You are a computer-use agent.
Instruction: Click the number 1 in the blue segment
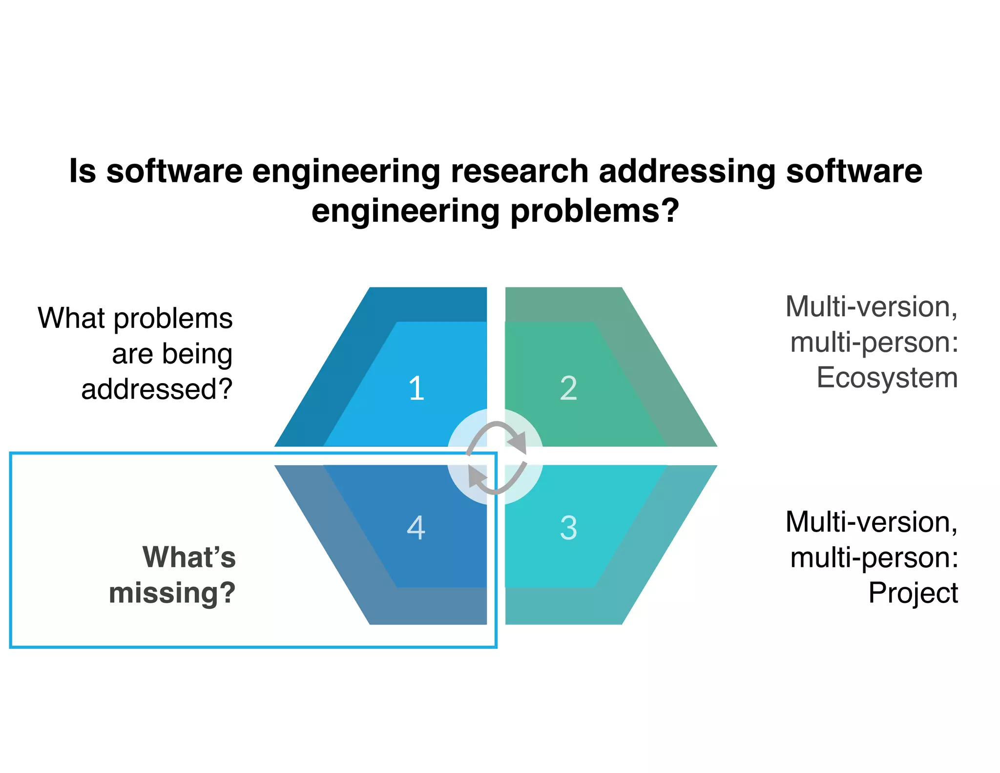click(x=417, y=389)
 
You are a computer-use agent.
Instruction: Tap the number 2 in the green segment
click(x=568, y=389)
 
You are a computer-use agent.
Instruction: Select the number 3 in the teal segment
click(x=568, y=528)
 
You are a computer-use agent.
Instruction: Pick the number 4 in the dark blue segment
click(x=416, y=528)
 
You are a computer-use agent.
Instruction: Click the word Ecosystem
click(x=887, y=378)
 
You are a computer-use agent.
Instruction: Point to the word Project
click(x=913, y=593)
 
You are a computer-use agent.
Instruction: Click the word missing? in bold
click(x=172, y=593)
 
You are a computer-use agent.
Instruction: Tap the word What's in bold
click(x=189, y=557)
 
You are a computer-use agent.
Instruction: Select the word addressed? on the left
click(x=157, y=389)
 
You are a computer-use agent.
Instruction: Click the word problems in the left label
click(x=173, y=319)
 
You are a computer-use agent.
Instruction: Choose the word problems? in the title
click(x=595, y=211)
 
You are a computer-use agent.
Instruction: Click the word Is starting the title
click(x=82, y=172)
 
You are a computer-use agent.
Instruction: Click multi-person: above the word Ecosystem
click(x=874, y=342)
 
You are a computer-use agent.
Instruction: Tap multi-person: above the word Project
click(x=874, y=558)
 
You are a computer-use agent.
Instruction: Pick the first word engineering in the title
click(x=346, y=172)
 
